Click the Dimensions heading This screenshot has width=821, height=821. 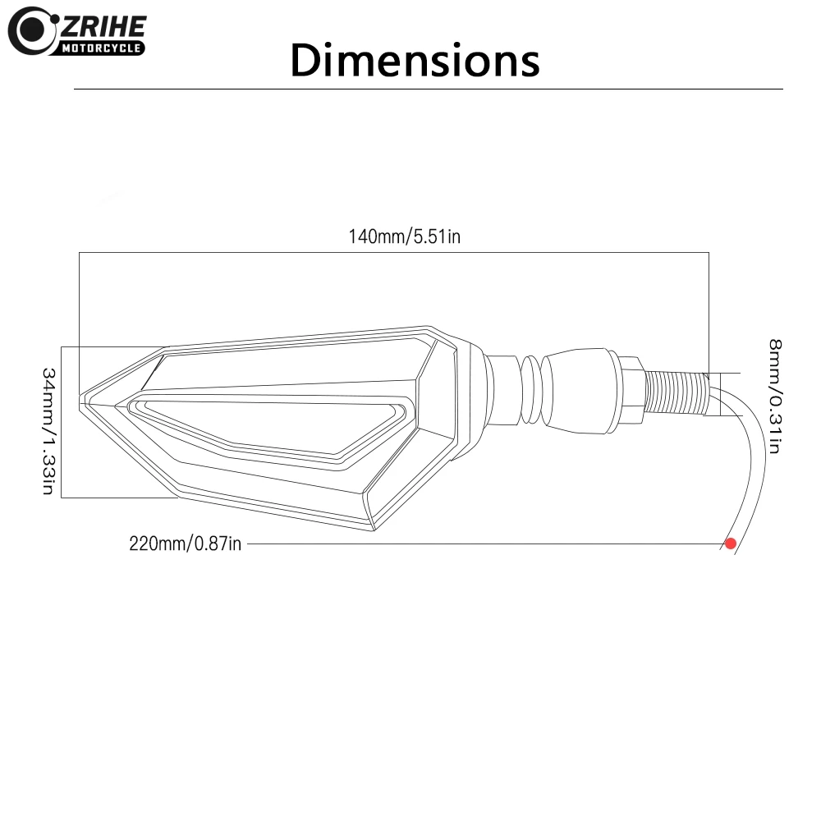tap(415, 60)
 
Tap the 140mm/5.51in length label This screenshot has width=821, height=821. tap(404, 236)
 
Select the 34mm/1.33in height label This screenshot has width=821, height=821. tap(48, 431)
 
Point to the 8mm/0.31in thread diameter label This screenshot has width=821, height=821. tap(775, 396)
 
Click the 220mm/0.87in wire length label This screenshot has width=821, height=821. tap(185, 544)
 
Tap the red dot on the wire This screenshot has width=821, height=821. tap(731, 544)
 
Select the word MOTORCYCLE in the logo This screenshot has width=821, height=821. tap(101, 48)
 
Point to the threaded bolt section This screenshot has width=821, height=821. tap(677, 392)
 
